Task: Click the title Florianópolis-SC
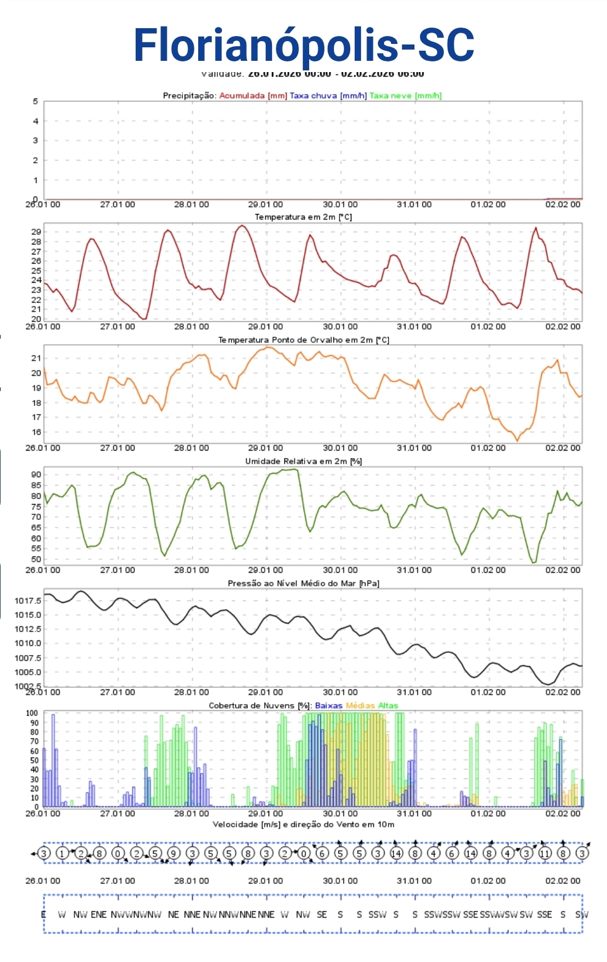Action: pos(303,45)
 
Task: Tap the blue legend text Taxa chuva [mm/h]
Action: pos(328,96)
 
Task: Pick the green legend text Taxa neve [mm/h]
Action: pos(405,96)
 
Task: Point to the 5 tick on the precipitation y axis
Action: pos(35,101)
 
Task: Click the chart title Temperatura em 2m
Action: pos(303,217)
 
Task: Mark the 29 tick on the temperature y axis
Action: pos(36,231)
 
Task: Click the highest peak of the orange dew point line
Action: pos(269,347)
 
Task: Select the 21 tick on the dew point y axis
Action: pos(36,358)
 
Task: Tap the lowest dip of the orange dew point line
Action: pos(517,440)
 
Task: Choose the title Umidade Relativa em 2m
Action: pos(303,461)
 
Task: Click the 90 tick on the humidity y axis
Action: pos(36,474)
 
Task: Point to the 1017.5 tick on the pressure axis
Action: pos(28,601)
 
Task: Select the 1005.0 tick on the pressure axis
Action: pos(28,672)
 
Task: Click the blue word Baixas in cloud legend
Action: pos(328,706)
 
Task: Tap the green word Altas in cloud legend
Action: pos(388,706)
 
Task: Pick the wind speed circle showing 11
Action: pos(544,853)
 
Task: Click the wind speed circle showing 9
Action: pos(173,853)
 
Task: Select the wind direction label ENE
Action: pos(99,915)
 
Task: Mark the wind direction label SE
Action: pos(322,915)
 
